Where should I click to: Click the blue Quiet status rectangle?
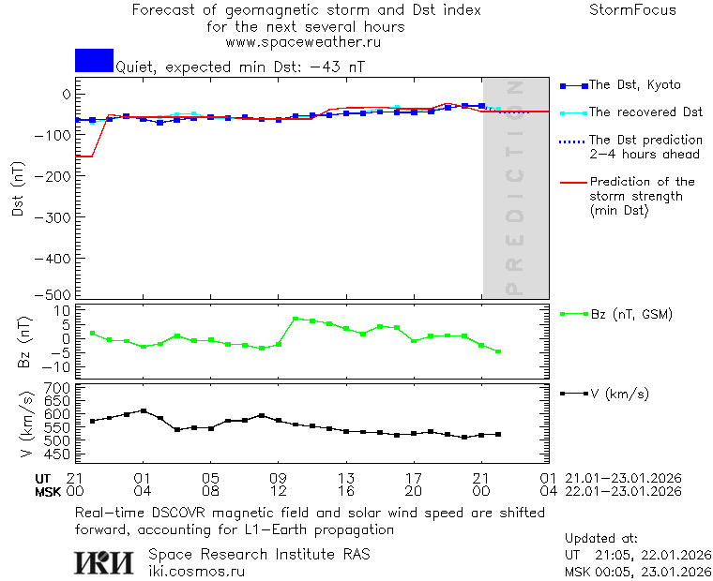(x=94, y=61)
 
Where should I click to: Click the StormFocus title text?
(x=632, y=11)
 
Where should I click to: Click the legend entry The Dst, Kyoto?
(x=634, y=85)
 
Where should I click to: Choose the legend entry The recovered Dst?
(x=645, y=112)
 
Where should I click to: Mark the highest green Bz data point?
(x=296, y=319)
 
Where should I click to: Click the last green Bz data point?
(x=498, y=351)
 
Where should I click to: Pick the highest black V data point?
(x=144, y=410)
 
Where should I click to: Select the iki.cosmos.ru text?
(x=196, y=570)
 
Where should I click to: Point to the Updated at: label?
(x=601, y=539)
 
